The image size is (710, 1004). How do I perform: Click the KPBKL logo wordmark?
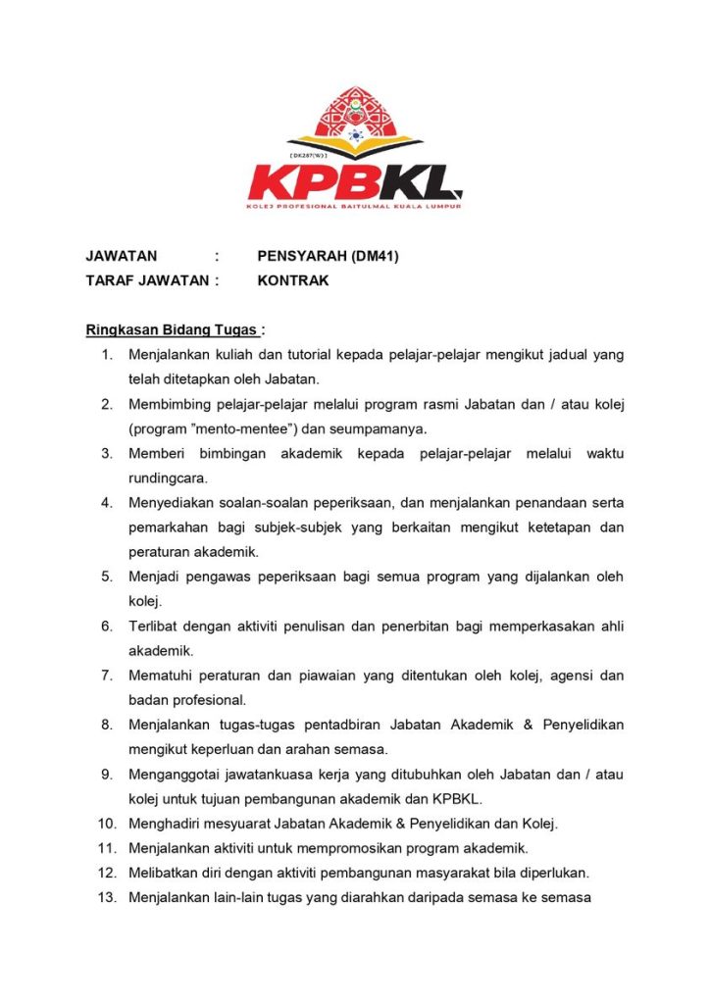(x=354, y=181)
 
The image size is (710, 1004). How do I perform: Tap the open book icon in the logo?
(x=355, y=150)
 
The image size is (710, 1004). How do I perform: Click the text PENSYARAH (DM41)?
(x=328, y=257)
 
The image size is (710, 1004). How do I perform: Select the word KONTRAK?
(x=292, y=280)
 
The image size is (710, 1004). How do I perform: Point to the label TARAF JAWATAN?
(x=147, y=280)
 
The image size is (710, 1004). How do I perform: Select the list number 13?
(x=107, y=897)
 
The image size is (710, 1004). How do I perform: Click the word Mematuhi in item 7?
(x=161, y=676)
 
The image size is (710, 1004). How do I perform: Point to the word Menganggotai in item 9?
(x=175, y=775)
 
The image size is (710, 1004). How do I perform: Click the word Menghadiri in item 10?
(x=168, y=824)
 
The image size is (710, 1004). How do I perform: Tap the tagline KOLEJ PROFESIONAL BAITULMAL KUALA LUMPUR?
(x=354, y=207)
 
